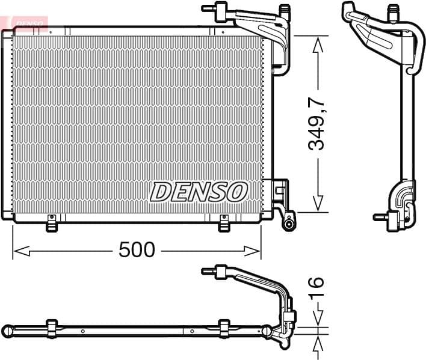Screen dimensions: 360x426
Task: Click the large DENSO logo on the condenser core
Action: click(199, 192)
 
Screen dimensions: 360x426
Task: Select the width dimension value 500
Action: click(137, 249)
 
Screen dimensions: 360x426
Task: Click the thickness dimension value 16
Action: click(317, 290)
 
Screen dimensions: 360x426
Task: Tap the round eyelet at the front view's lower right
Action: click(289, 224)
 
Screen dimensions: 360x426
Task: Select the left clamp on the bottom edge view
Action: click(52, 328)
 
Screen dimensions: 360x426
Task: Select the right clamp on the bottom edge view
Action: click(224, 328)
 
